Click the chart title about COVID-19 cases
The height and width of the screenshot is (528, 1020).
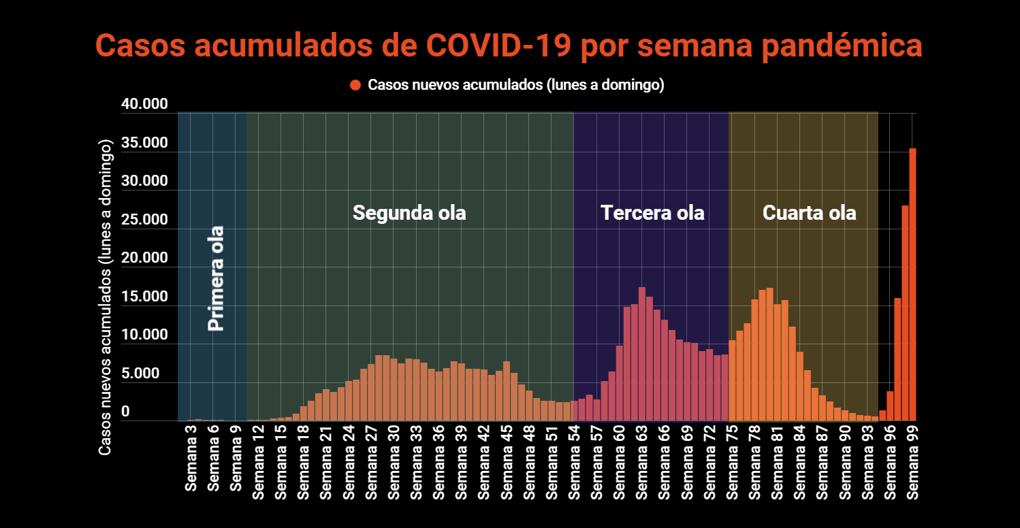point(509,46)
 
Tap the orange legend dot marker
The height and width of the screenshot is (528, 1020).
point(355,85)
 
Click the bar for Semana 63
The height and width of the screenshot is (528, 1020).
point(641,354)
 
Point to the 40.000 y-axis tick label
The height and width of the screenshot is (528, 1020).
point(144,104)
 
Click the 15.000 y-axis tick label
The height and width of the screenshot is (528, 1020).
point(144,297)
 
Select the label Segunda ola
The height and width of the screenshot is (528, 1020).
point(409,213)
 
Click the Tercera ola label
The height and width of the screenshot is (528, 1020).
point(652,213)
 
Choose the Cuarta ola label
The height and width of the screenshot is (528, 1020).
point(809,213)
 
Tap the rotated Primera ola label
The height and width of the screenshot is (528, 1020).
point(216,279)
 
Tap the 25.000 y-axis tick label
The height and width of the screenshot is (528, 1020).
point(144,220)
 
